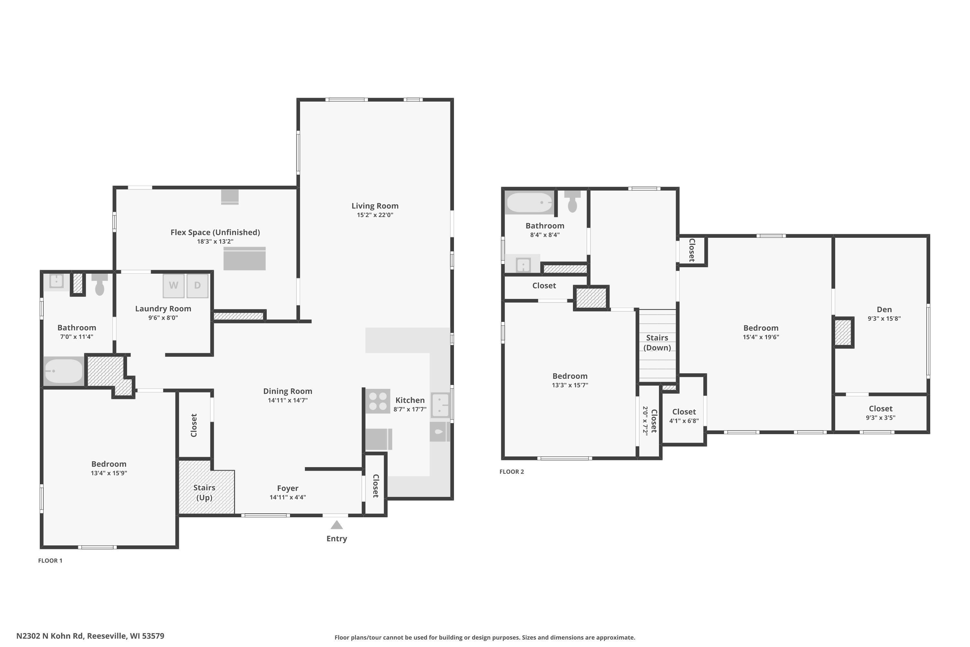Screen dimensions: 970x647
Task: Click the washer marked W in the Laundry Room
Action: pyautogui.click(x=174, y=286)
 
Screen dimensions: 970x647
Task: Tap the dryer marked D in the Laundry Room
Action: pyautogui.click(x=198, y=286)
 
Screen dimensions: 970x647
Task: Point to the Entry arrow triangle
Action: pyautogui.click(x=337, y=525)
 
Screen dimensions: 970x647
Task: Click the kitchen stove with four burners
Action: pyautogui.click(x=378, y=401)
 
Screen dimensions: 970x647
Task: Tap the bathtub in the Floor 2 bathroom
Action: pyautogui.click(x=530, y=203)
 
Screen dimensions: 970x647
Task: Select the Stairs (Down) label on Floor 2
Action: pyautogui.click(x=657, y=343)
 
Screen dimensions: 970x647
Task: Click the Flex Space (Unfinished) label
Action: pyautogui.click(x=215, y=232)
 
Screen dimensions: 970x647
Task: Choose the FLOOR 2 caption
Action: pyautogui.click(x=512, y=472)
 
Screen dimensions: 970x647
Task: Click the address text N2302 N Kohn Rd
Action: pyautogui.click(x=50, y=636)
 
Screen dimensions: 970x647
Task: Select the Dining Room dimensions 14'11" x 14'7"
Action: pyautogui.click(x=287, y=400)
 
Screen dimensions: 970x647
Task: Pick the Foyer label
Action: pyautogui.click(x=287, y=488)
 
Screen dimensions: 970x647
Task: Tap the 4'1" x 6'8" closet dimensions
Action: pyautogui.click(x=684, y=421)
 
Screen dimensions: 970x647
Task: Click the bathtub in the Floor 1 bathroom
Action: pyautogui.click(x=63, y=371)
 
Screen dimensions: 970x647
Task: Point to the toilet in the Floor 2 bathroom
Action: pyautogui.click(x=572, y=201)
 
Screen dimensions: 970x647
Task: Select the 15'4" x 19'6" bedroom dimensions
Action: pyautogui.click(x=761, y=337)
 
